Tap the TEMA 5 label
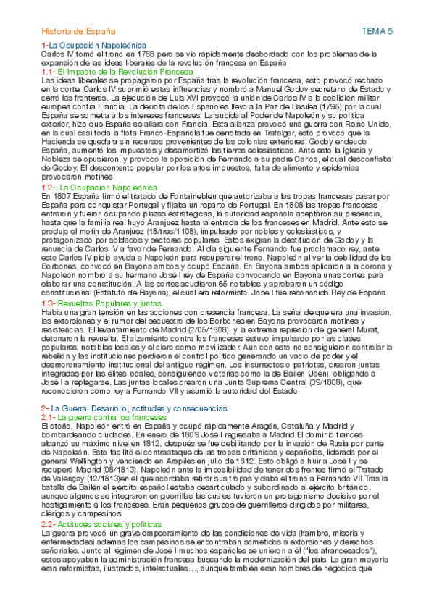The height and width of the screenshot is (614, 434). point(376,32)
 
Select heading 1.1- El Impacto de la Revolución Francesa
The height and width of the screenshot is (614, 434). point(117,72)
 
